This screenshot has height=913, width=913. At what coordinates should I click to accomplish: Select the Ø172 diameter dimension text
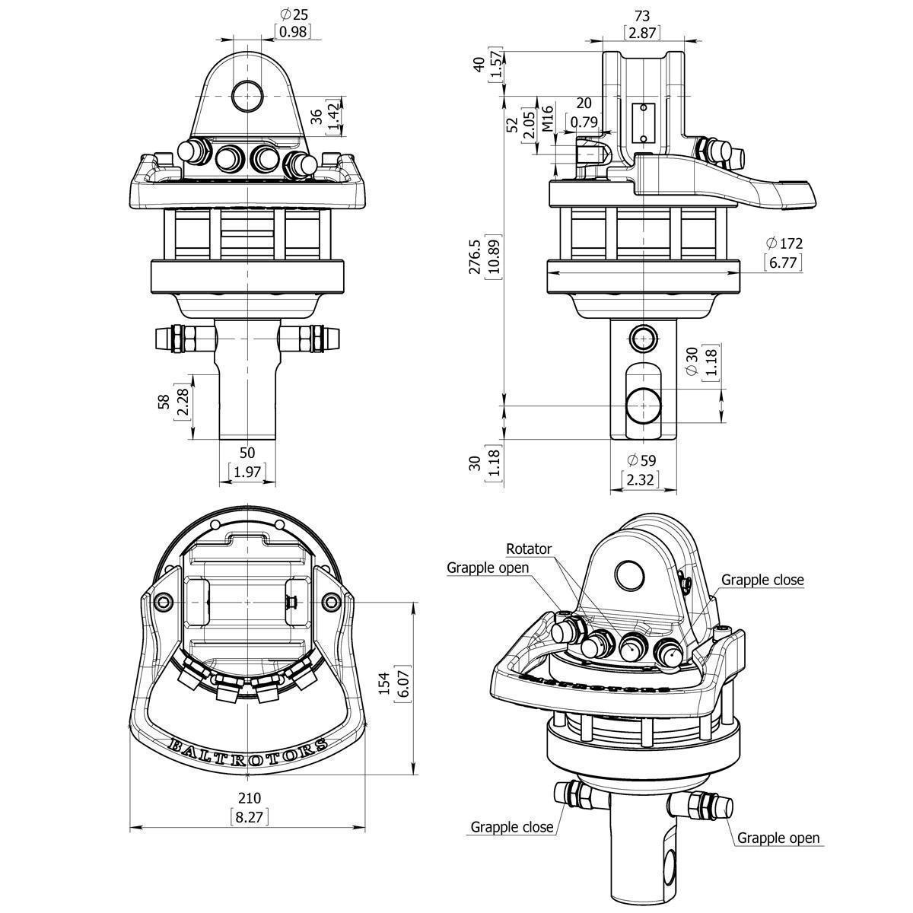coord(784,244)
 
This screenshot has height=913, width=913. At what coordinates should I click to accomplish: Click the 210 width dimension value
coord(250,798)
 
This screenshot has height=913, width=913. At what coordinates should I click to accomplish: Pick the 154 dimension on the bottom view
coord(383,682)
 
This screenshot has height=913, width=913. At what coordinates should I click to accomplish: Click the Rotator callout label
coord(529,549)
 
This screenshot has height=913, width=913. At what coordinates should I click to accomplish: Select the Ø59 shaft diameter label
coord(641,460)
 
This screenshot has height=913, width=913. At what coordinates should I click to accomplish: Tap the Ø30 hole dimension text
coord(692,359)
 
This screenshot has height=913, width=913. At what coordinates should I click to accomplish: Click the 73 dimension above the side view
coord(641,15)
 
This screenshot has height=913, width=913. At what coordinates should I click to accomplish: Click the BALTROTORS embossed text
coord(248,752)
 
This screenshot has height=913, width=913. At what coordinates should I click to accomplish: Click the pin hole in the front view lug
coord(248,97)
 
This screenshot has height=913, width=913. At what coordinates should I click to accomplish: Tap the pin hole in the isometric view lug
coord(631,576)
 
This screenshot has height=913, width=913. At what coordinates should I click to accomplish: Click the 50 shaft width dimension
coord(248,455)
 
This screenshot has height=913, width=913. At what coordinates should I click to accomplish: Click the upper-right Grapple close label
coord(762,580)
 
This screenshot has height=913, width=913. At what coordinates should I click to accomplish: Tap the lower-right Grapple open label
coord(778,838)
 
